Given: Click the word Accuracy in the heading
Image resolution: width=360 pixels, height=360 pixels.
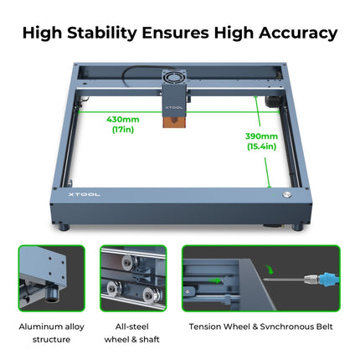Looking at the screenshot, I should [296, 33].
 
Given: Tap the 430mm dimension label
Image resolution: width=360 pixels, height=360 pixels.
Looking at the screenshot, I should [123, 119].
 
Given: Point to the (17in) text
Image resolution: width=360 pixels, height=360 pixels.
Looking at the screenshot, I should [123, 130].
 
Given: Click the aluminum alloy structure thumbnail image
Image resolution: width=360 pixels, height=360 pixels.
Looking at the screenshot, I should [52, 278].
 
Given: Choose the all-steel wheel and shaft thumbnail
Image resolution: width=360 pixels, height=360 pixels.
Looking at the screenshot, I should [132, 278].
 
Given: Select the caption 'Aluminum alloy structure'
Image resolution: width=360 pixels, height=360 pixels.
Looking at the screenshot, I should [52, 332].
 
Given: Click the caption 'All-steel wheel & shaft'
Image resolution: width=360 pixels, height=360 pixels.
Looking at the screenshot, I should [132, 332].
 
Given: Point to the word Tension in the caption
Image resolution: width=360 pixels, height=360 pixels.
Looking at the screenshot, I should [208, 327].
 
